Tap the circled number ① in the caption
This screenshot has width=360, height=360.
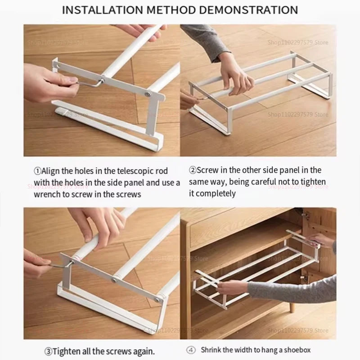[38, 171]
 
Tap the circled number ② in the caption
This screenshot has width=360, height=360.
[193, 170]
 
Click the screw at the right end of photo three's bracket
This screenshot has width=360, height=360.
[158, 298]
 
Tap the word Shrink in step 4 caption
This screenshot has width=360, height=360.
[211, 349]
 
